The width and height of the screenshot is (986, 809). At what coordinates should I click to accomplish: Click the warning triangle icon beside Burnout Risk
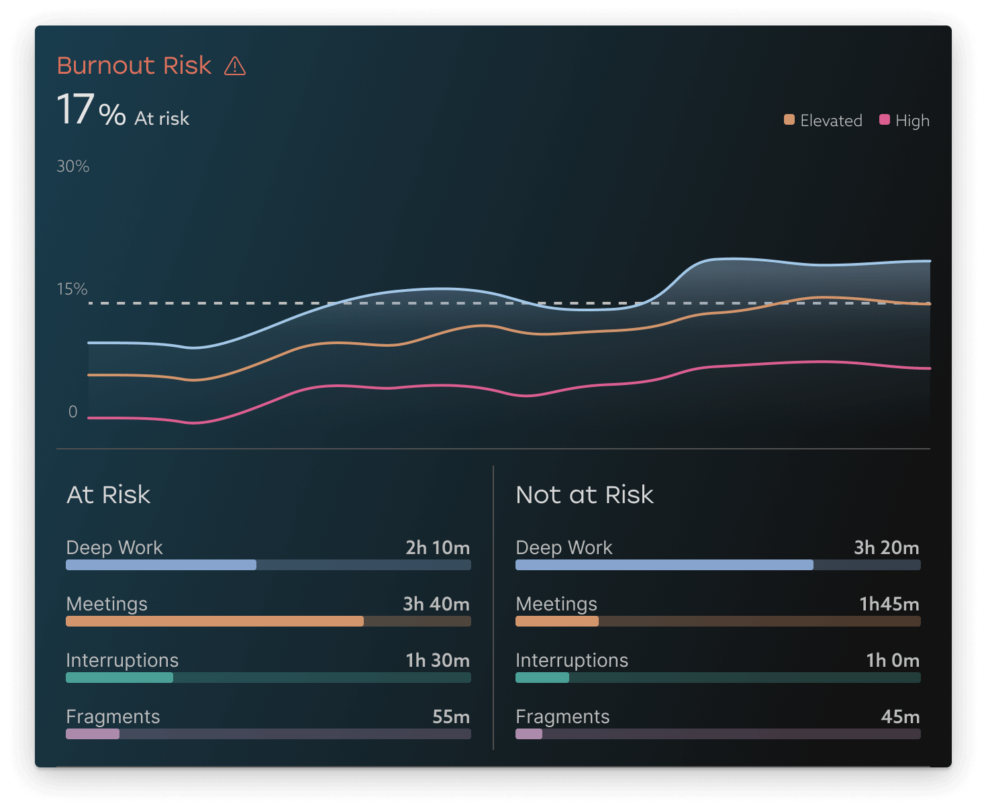tap(235, 66)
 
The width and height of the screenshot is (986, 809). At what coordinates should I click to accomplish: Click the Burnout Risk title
tap(134, 66)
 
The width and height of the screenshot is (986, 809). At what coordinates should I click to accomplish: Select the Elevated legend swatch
tap(789, 120)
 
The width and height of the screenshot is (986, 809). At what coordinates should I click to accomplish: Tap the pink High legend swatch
tap(885, 120)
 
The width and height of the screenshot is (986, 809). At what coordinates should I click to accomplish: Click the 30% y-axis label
tap(73, 166)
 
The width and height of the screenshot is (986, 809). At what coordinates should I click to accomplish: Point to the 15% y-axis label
tap(72, 289)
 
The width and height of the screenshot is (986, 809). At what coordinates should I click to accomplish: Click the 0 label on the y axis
tap(73, 412)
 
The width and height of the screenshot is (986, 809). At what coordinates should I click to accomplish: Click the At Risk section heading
tap(109, 495)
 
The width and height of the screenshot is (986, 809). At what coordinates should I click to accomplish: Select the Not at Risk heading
tap(585, 495)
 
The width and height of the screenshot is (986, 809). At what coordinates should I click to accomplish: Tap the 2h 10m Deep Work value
tap(438, 548)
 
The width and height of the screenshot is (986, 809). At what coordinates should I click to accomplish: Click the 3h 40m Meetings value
tap(436, 604)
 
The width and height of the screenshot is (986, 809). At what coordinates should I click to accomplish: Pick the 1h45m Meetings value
tap(889, 604)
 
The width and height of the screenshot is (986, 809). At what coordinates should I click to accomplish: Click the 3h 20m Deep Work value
tap(887, 548)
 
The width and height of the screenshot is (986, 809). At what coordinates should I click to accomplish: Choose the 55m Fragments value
tap(451, 717)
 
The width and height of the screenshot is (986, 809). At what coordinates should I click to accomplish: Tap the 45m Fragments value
tap(900, 717)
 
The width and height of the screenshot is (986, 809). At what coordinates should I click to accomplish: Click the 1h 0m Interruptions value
tap(893, 661)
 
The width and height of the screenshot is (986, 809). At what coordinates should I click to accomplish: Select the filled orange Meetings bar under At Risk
tap(215, 621)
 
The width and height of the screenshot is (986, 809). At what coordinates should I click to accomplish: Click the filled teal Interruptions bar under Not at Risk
tap(542, 678)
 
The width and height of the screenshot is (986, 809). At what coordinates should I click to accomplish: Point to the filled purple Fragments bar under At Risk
tap(93, 734)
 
